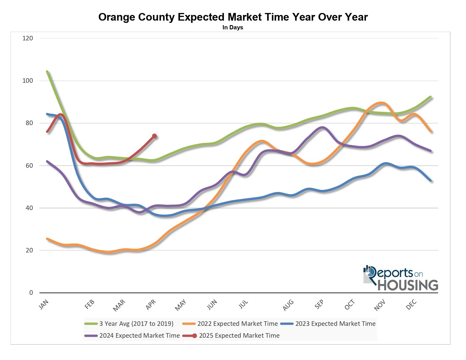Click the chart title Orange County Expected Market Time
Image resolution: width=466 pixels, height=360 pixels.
point(233,17)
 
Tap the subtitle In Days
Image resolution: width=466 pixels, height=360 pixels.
point(233,27)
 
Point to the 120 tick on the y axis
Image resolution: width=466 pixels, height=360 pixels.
point(28,38)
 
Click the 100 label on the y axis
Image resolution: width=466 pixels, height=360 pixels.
point(28,80)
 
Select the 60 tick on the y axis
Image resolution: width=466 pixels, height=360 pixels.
point(29,165)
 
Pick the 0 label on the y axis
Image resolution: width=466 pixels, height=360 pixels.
point(31,293)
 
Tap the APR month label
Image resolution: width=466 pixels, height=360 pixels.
point(151,305)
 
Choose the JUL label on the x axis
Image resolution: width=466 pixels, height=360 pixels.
point(243,304)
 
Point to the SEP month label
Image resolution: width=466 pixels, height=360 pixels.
point(319,304)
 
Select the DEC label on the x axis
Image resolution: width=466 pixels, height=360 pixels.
point(411,304)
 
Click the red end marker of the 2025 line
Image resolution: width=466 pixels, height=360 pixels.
point(154,136)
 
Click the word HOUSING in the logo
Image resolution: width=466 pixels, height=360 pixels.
point(408,285)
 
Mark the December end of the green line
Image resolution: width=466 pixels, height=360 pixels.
point(430,97)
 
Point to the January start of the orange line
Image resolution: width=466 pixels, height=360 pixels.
point(47,239)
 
